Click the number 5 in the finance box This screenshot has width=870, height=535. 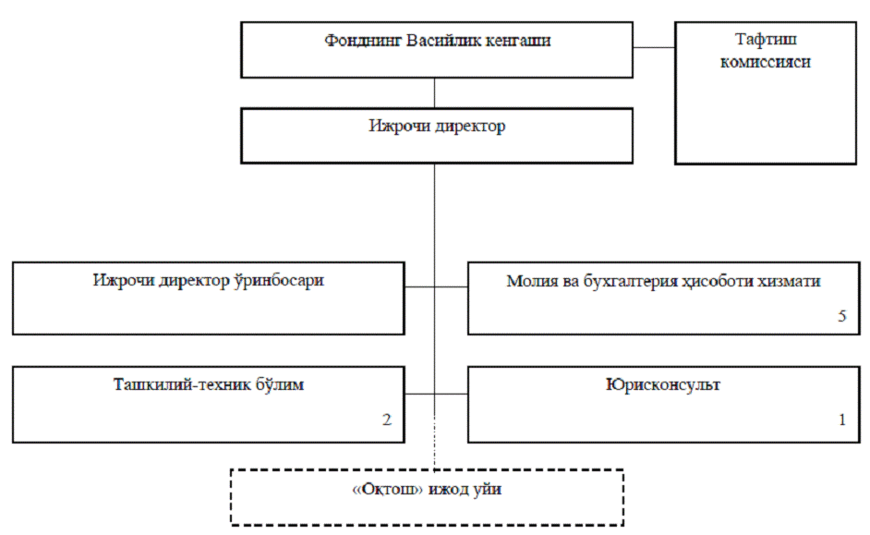(x=841, y=316)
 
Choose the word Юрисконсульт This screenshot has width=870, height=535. (x=658, y=385)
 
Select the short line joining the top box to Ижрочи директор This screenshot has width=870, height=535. (x=434, y=93)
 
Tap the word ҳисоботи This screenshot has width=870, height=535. (x=721, y=281)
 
